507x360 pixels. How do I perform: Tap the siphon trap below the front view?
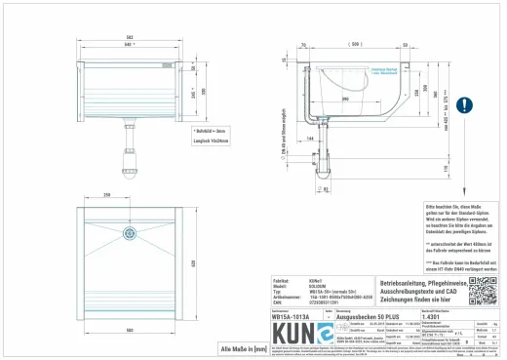[127, 155]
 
